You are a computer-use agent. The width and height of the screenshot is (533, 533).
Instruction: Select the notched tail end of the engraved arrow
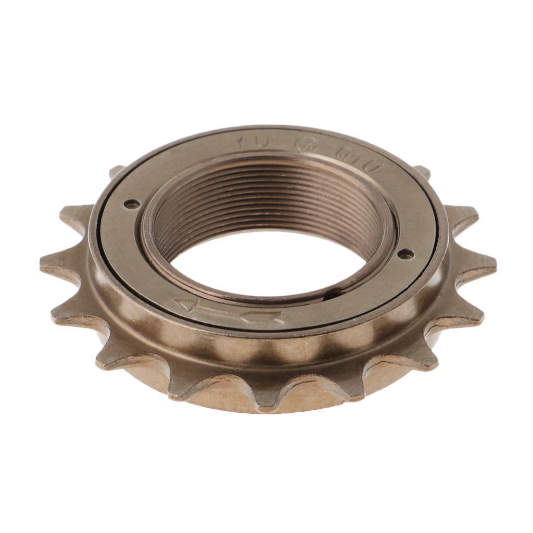[268, 317]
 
